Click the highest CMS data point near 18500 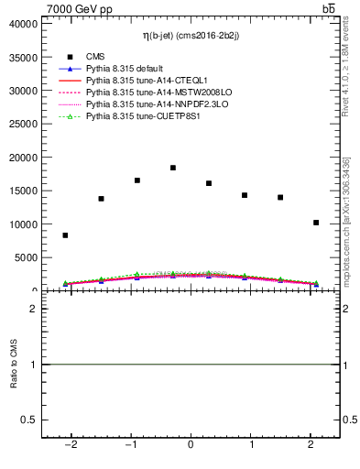173,168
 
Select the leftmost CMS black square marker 65,235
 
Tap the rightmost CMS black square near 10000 316,223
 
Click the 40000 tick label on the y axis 24,24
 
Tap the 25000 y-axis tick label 24,124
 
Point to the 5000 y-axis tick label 27,257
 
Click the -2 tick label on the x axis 70,445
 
